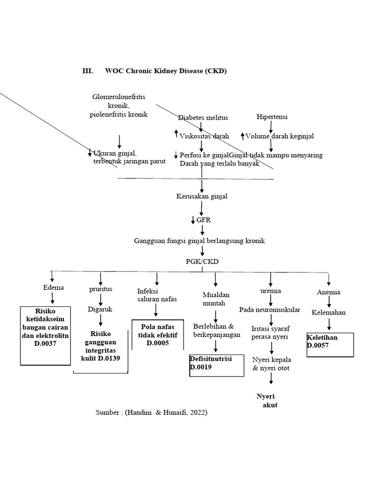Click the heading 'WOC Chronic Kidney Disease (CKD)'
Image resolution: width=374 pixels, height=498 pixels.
click(x=166, y=71)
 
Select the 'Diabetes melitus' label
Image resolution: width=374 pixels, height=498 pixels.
click(x=203, y=118)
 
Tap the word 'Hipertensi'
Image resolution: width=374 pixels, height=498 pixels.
click(x=271, y=117)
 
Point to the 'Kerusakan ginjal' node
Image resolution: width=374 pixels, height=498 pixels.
click(x=202, y=197)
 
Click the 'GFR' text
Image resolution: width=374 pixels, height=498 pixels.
click(x=204, y=220)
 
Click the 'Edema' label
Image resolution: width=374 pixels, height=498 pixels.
click(x=54, y=287)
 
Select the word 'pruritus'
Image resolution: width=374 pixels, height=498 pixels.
click(x=100, y=289)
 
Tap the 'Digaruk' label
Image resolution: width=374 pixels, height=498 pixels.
click(x=100, y=309)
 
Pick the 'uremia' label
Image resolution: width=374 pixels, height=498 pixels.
click(x=271, y=291)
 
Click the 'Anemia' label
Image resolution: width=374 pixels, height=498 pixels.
click(x=329, y=292)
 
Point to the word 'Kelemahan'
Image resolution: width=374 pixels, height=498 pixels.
click(x=329, y=312)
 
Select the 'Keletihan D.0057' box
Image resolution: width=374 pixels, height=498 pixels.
click(x=329, y=345)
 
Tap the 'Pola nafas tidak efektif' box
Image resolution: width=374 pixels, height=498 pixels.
click(x=158, y=335)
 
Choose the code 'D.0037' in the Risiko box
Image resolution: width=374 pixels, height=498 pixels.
click(x=45, y=344)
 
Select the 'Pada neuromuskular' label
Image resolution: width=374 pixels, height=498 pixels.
click(x=269, y=310)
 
